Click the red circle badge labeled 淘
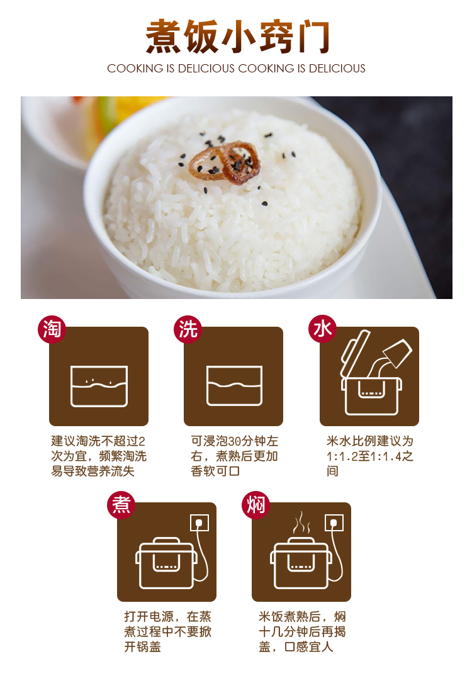tap(52, 329)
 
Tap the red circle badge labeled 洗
tap(188, 329)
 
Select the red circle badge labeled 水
tap(323, 329)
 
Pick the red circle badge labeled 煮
tap(121, 504)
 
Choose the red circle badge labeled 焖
tap(256, 504)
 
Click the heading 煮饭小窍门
tap(237, 37)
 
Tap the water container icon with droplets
tap(99, 386)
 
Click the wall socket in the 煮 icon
tap(199, 522)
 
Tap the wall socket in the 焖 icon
tap(334, 522)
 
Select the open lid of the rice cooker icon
tap(354, 352)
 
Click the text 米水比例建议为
tap(369, 441)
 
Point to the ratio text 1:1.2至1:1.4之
tap(369, 456)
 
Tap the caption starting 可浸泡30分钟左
tap(234, 441)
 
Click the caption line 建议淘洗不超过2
tap(98, 441)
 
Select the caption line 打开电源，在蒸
tap(167, 616)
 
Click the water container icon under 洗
tap(234, 386)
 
